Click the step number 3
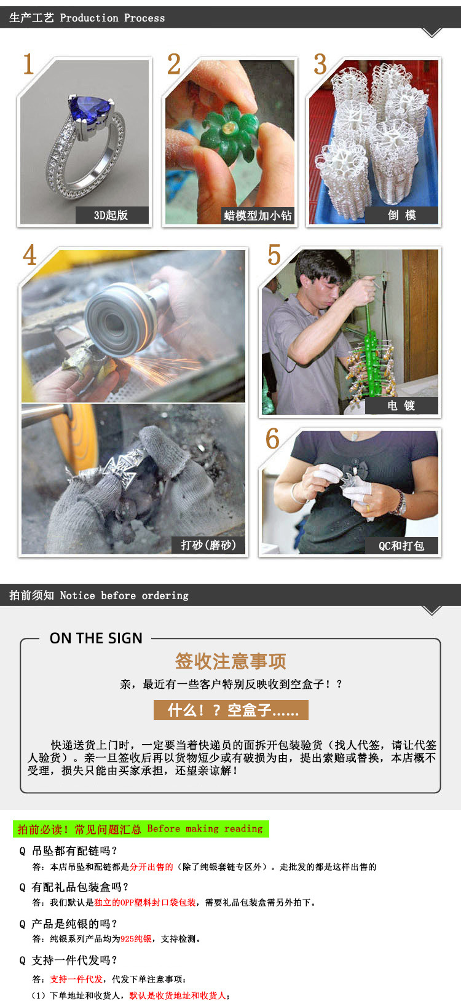tap(320, 65)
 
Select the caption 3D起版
tap(111, 216)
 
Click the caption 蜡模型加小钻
tap(258, 216)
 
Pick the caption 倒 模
tap(401, 216)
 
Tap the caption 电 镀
tap(401, 406)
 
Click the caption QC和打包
tap(401, 546)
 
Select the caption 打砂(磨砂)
tap(208, 545)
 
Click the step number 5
tap(274, 255)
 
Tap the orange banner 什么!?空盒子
tap(231, 710)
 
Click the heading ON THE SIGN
tap(96, 638)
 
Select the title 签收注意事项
tap(230, 661)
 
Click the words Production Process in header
tap(112, 18)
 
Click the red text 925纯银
tap(136, 939)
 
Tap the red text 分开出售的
tap(151, 867)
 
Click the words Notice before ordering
tap(124, 595)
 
